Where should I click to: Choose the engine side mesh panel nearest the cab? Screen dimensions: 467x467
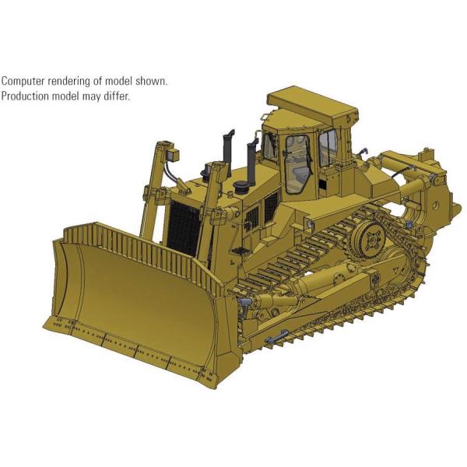(271, 207)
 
